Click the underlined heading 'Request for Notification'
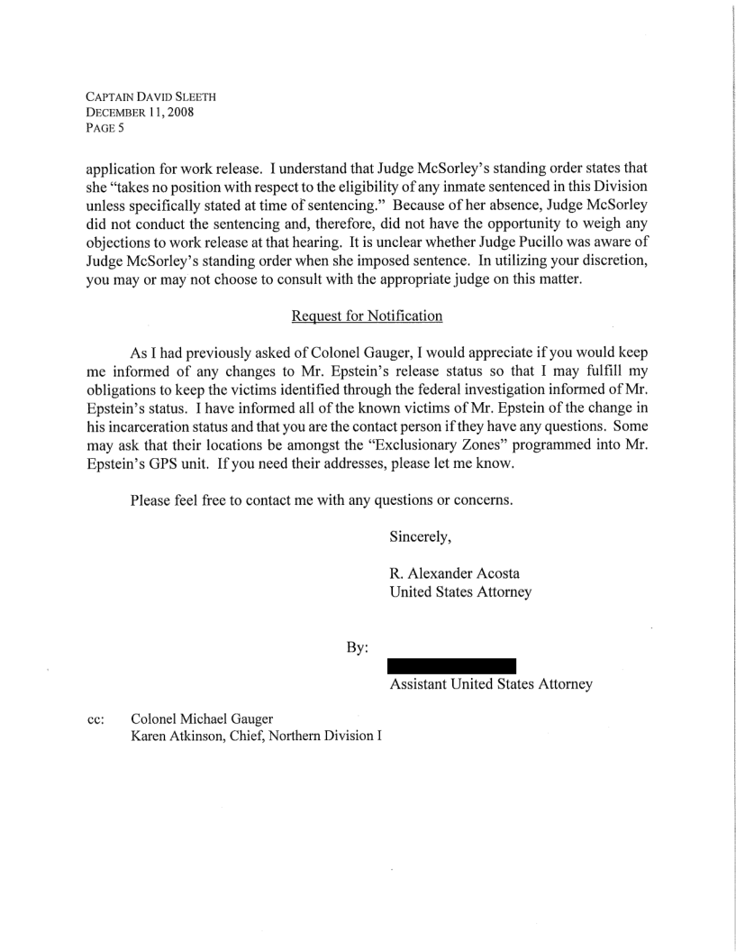click(367, 316)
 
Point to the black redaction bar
click(451, 666)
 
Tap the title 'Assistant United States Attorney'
click(491, 685)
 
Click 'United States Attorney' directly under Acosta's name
click(459, 592)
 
